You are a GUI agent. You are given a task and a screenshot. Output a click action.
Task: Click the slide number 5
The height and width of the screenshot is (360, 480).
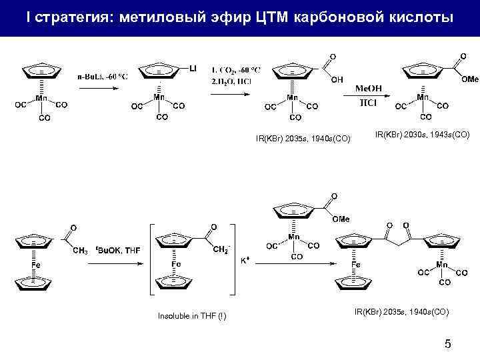click(447, 344)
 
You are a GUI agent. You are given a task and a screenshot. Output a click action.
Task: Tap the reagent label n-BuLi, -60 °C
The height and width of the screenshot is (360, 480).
click(102, 75)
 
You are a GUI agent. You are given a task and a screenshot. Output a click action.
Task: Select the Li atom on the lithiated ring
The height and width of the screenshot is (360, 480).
click(193, 68)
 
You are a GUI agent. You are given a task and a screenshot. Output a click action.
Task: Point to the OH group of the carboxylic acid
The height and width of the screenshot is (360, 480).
click(337, 79)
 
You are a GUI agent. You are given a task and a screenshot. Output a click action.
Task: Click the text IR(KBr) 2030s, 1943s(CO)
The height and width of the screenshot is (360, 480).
click(422, 135)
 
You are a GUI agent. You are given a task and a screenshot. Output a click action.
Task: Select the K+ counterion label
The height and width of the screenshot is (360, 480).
click(245, 261)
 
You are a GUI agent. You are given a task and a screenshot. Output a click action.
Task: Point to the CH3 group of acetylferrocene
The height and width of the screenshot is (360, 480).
click(80, 251)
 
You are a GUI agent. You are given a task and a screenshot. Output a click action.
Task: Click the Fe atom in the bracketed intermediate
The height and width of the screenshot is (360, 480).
click(175, 265)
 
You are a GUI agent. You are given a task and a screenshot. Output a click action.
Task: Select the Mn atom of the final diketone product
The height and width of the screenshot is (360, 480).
click(441, 265)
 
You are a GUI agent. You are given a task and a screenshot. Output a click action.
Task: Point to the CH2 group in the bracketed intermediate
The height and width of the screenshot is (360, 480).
click(220, 249)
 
